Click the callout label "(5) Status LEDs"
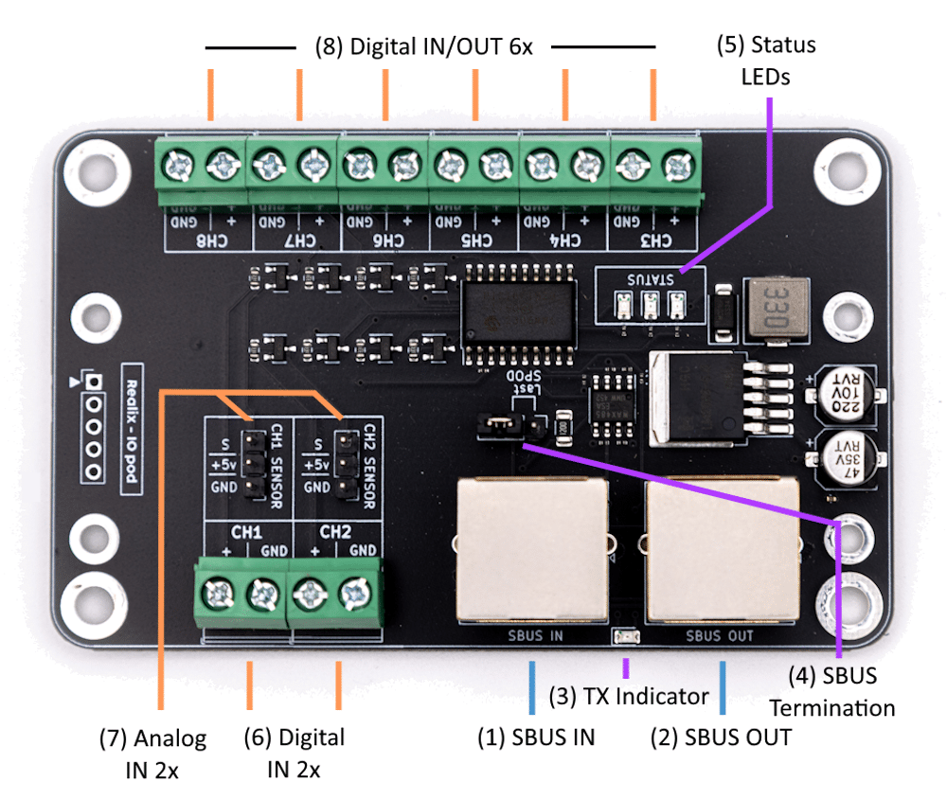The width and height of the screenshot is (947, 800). (x=765, y=61)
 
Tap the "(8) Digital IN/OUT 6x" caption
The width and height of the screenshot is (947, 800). (x=423, y=46)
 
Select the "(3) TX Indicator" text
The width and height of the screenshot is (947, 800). (x=629, y=697)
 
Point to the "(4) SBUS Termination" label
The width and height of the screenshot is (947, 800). (x=832, y=691)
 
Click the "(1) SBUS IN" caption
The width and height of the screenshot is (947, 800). (x=536, y=737)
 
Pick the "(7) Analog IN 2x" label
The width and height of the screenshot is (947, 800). (x=152, y=753)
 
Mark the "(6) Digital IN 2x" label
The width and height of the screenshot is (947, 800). (x=294, y=753)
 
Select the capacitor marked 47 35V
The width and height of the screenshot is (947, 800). (x=846, y=460)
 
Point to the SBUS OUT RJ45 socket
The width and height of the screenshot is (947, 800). (x=721, y=549)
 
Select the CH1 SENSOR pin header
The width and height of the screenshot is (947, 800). (x=252, y=464)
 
